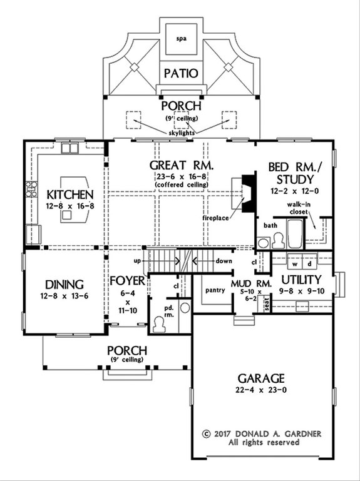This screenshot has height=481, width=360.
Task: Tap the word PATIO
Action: point(180,73)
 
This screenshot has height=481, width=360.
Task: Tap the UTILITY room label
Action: point(301,279)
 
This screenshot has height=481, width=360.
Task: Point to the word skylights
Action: point(181,133)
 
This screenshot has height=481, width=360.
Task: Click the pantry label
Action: point(215,290)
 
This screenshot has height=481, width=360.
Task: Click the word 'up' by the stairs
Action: point(139,258)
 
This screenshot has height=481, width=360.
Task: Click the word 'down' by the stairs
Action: point(224,258)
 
